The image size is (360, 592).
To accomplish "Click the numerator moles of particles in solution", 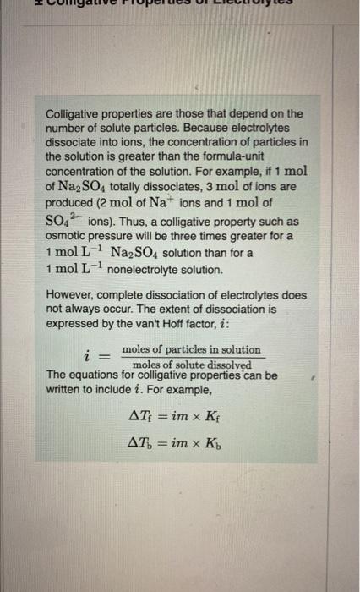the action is [x=191, y=349].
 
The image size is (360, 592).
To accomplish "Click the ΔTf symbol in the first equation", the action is [x=138, y=416].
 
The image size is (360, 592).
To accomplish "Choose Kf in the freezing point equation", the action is [x=222, y=416].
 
